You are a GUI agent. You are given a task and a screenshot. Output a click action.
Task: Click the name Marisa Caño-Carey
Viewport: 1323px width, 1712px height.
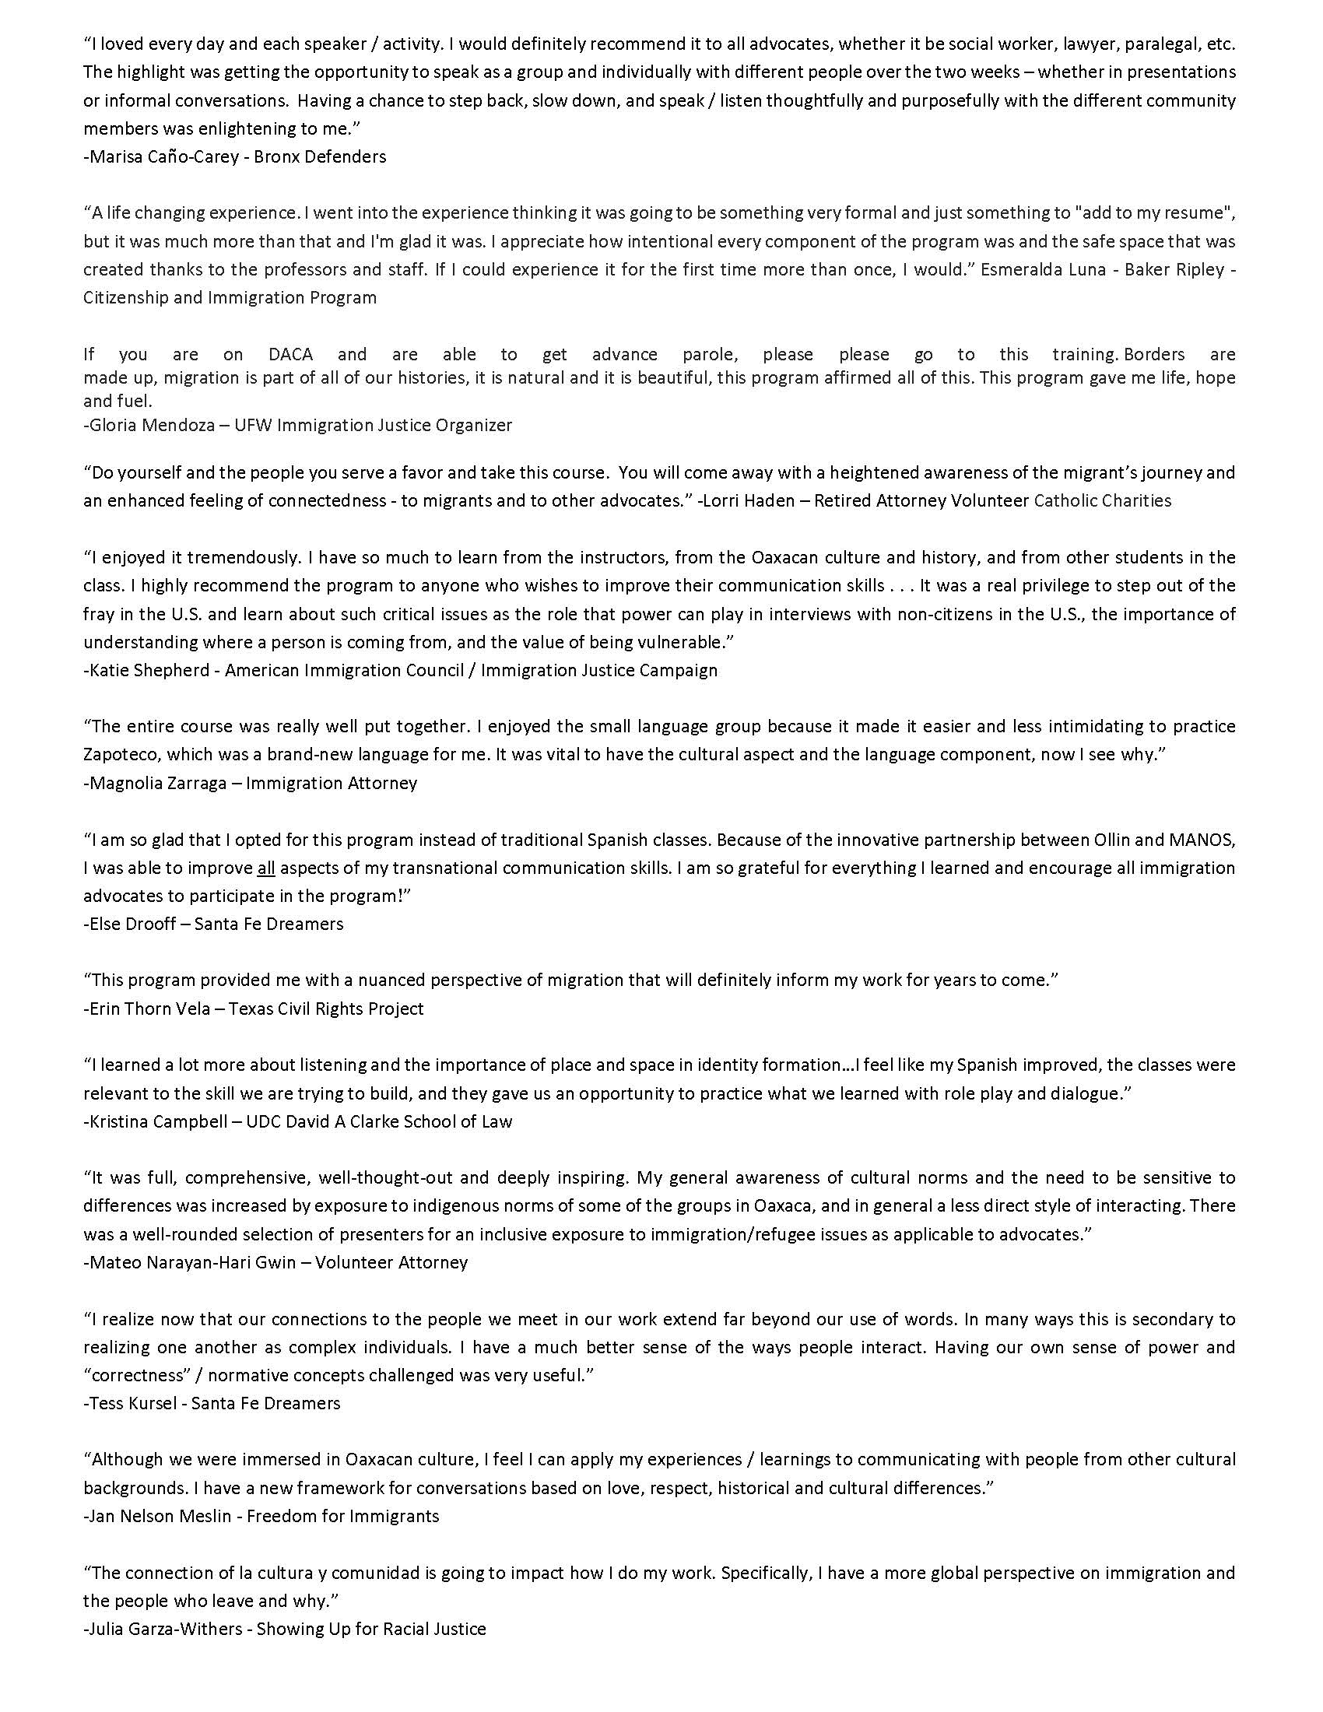click(150, 156)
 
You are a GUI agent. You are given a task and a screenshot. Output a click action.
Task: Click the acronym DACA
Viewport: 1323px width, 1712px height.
click(291, 354)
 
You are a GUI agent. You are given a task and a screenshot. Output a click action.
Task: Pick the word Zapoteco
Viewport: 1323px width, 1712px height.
click(119, 755)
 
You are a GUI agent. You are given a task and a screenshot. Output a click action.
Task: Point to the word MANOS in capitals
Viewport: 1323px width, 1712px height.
click(1205, 840)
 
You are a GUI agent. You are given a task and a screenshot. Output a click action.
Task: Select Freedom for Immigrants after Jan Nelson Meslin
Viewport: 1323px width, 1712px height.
click(342, 1517)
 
